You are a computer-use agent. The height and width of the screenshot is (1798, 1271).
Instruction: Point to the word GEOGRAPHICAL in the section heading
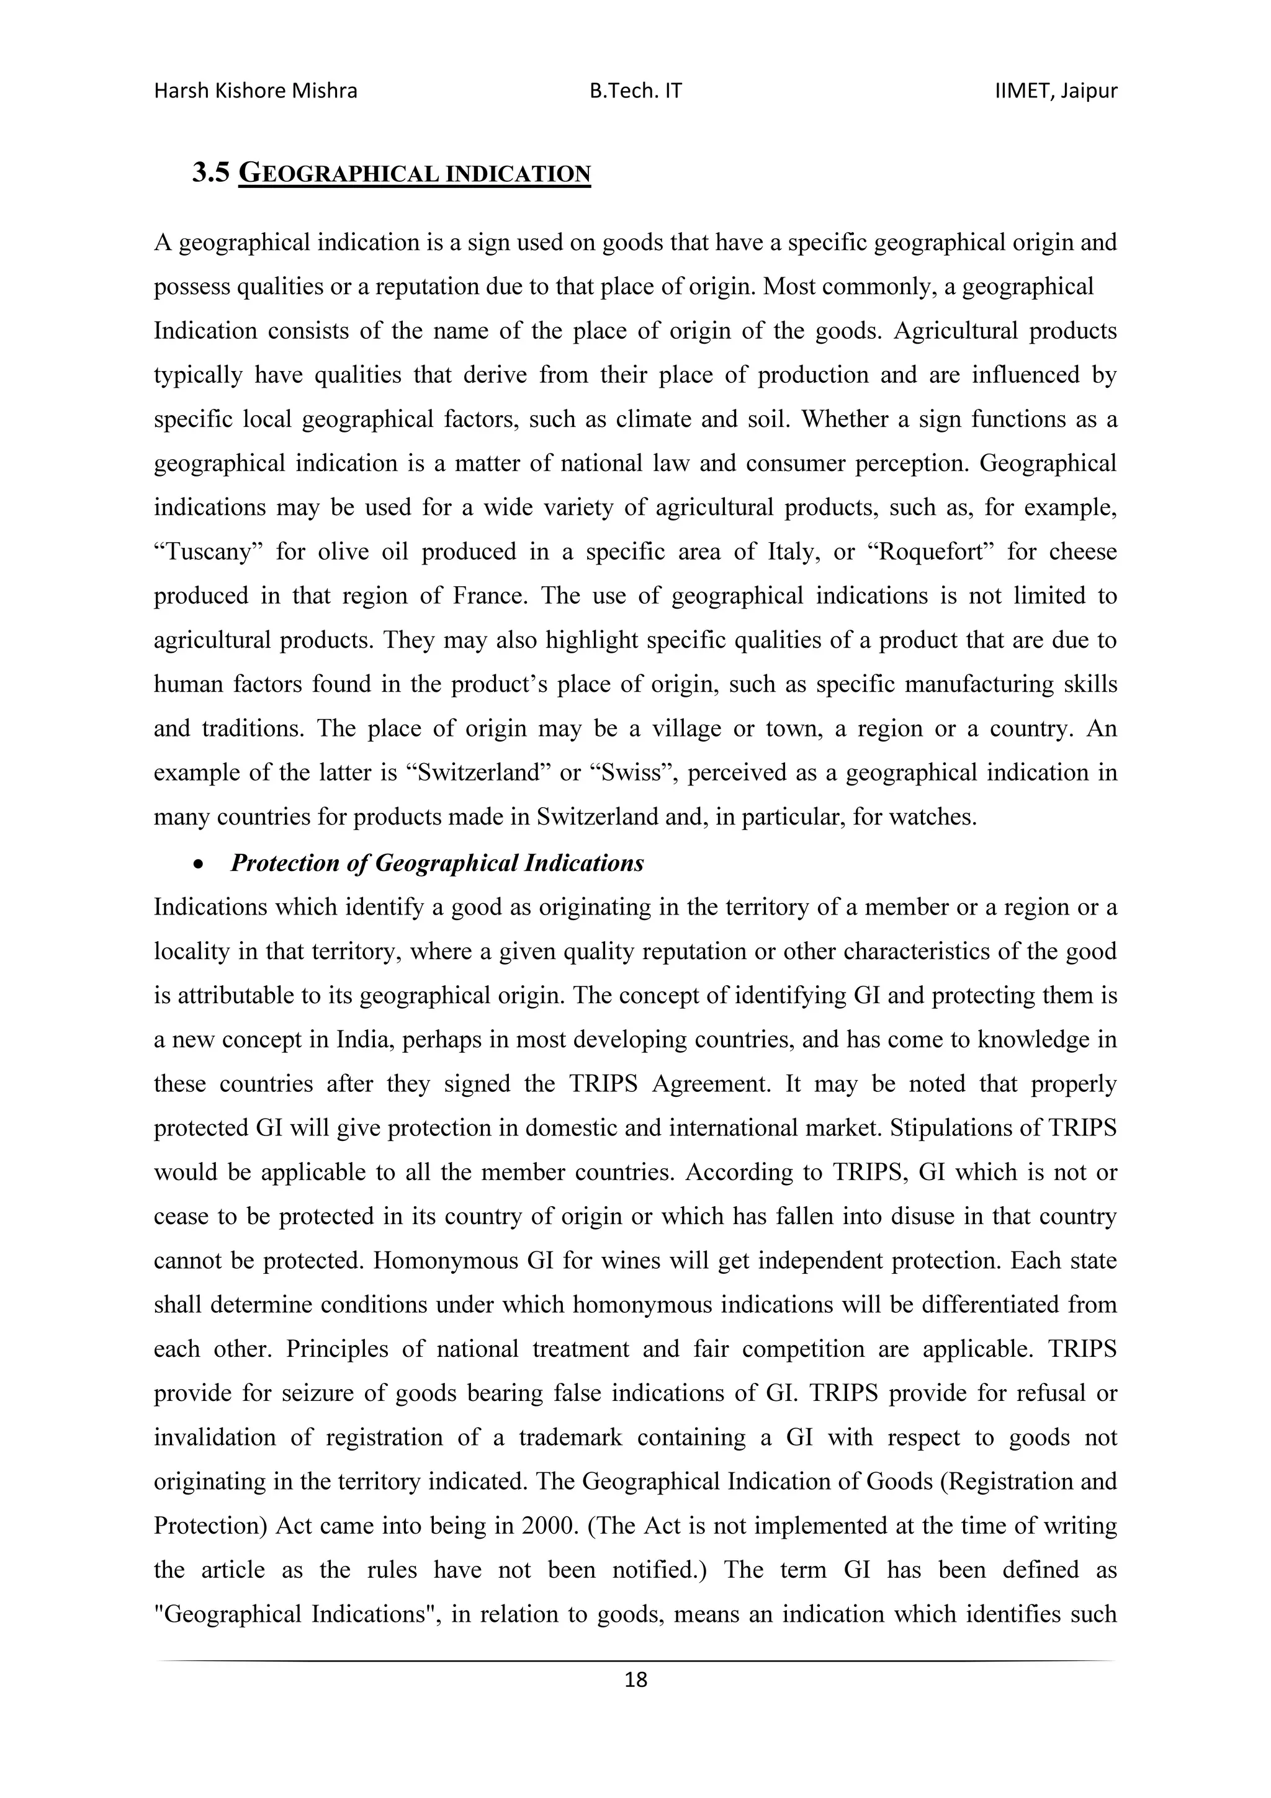(338, 174)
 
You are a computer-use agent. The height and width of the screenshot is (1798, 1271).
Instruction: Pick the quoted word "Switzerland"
(478, 773)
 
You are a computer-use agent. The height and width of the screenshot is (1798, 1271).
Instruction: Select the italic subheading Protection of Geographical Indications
(437, 863)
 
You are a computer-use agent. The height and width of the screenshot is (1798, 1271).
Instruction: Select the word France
(491, 597)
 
